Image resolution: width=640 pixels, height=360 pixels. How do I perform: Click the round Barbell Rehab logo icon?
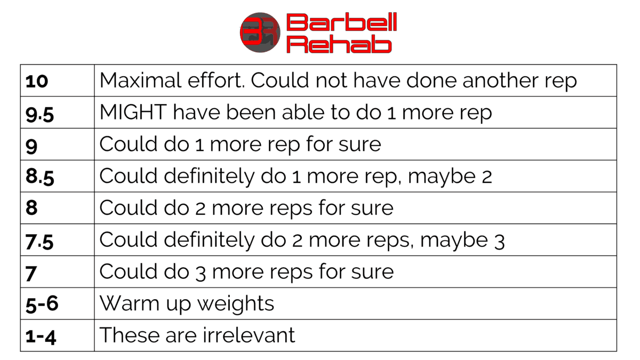pos(260,33)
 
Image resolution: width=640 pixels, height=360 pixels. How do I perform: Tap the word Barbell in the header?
pos(341,23)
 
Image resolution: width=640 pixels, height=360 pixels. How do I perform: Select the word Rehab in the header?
pos(339,44)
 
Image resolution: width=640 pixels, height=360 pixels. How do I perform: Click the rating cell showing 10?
pos(37,81)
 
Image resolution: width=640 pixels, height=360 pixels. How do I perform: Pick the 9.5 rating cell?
pos(39,113)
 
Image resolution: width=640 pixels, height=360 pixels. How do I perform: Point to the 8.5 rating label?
pos(39,177)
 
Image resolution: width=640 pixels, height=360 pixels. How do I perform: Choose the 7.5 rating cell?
pos(39,241)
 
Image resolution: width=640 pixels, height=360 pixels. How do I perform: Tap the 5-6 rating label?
pos(42,304)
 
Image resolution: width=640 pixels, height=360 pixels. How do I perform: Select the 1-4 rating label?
pos(41,335)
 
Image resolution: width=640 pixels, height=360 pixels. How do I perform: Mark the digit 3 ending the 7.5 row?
pos(499,241)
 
